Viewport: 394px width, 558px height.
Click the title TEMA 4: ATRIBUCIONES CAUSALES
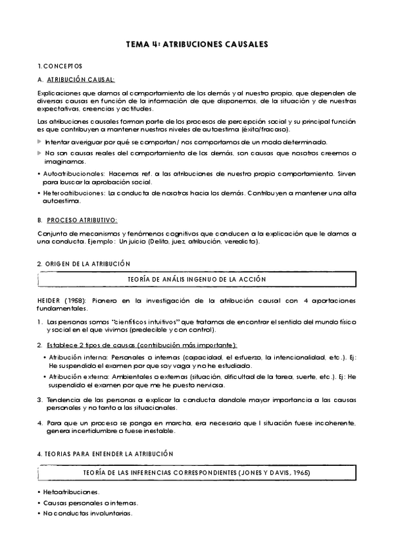(197, 45)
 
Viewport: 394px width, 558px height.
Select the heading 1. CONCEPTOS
(60, 67)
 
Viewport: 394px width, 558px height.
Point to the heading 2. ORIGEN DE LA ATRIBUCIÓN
(84, 264)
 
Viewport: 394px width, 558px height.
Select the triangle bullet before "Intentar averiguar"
(40, 142)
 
